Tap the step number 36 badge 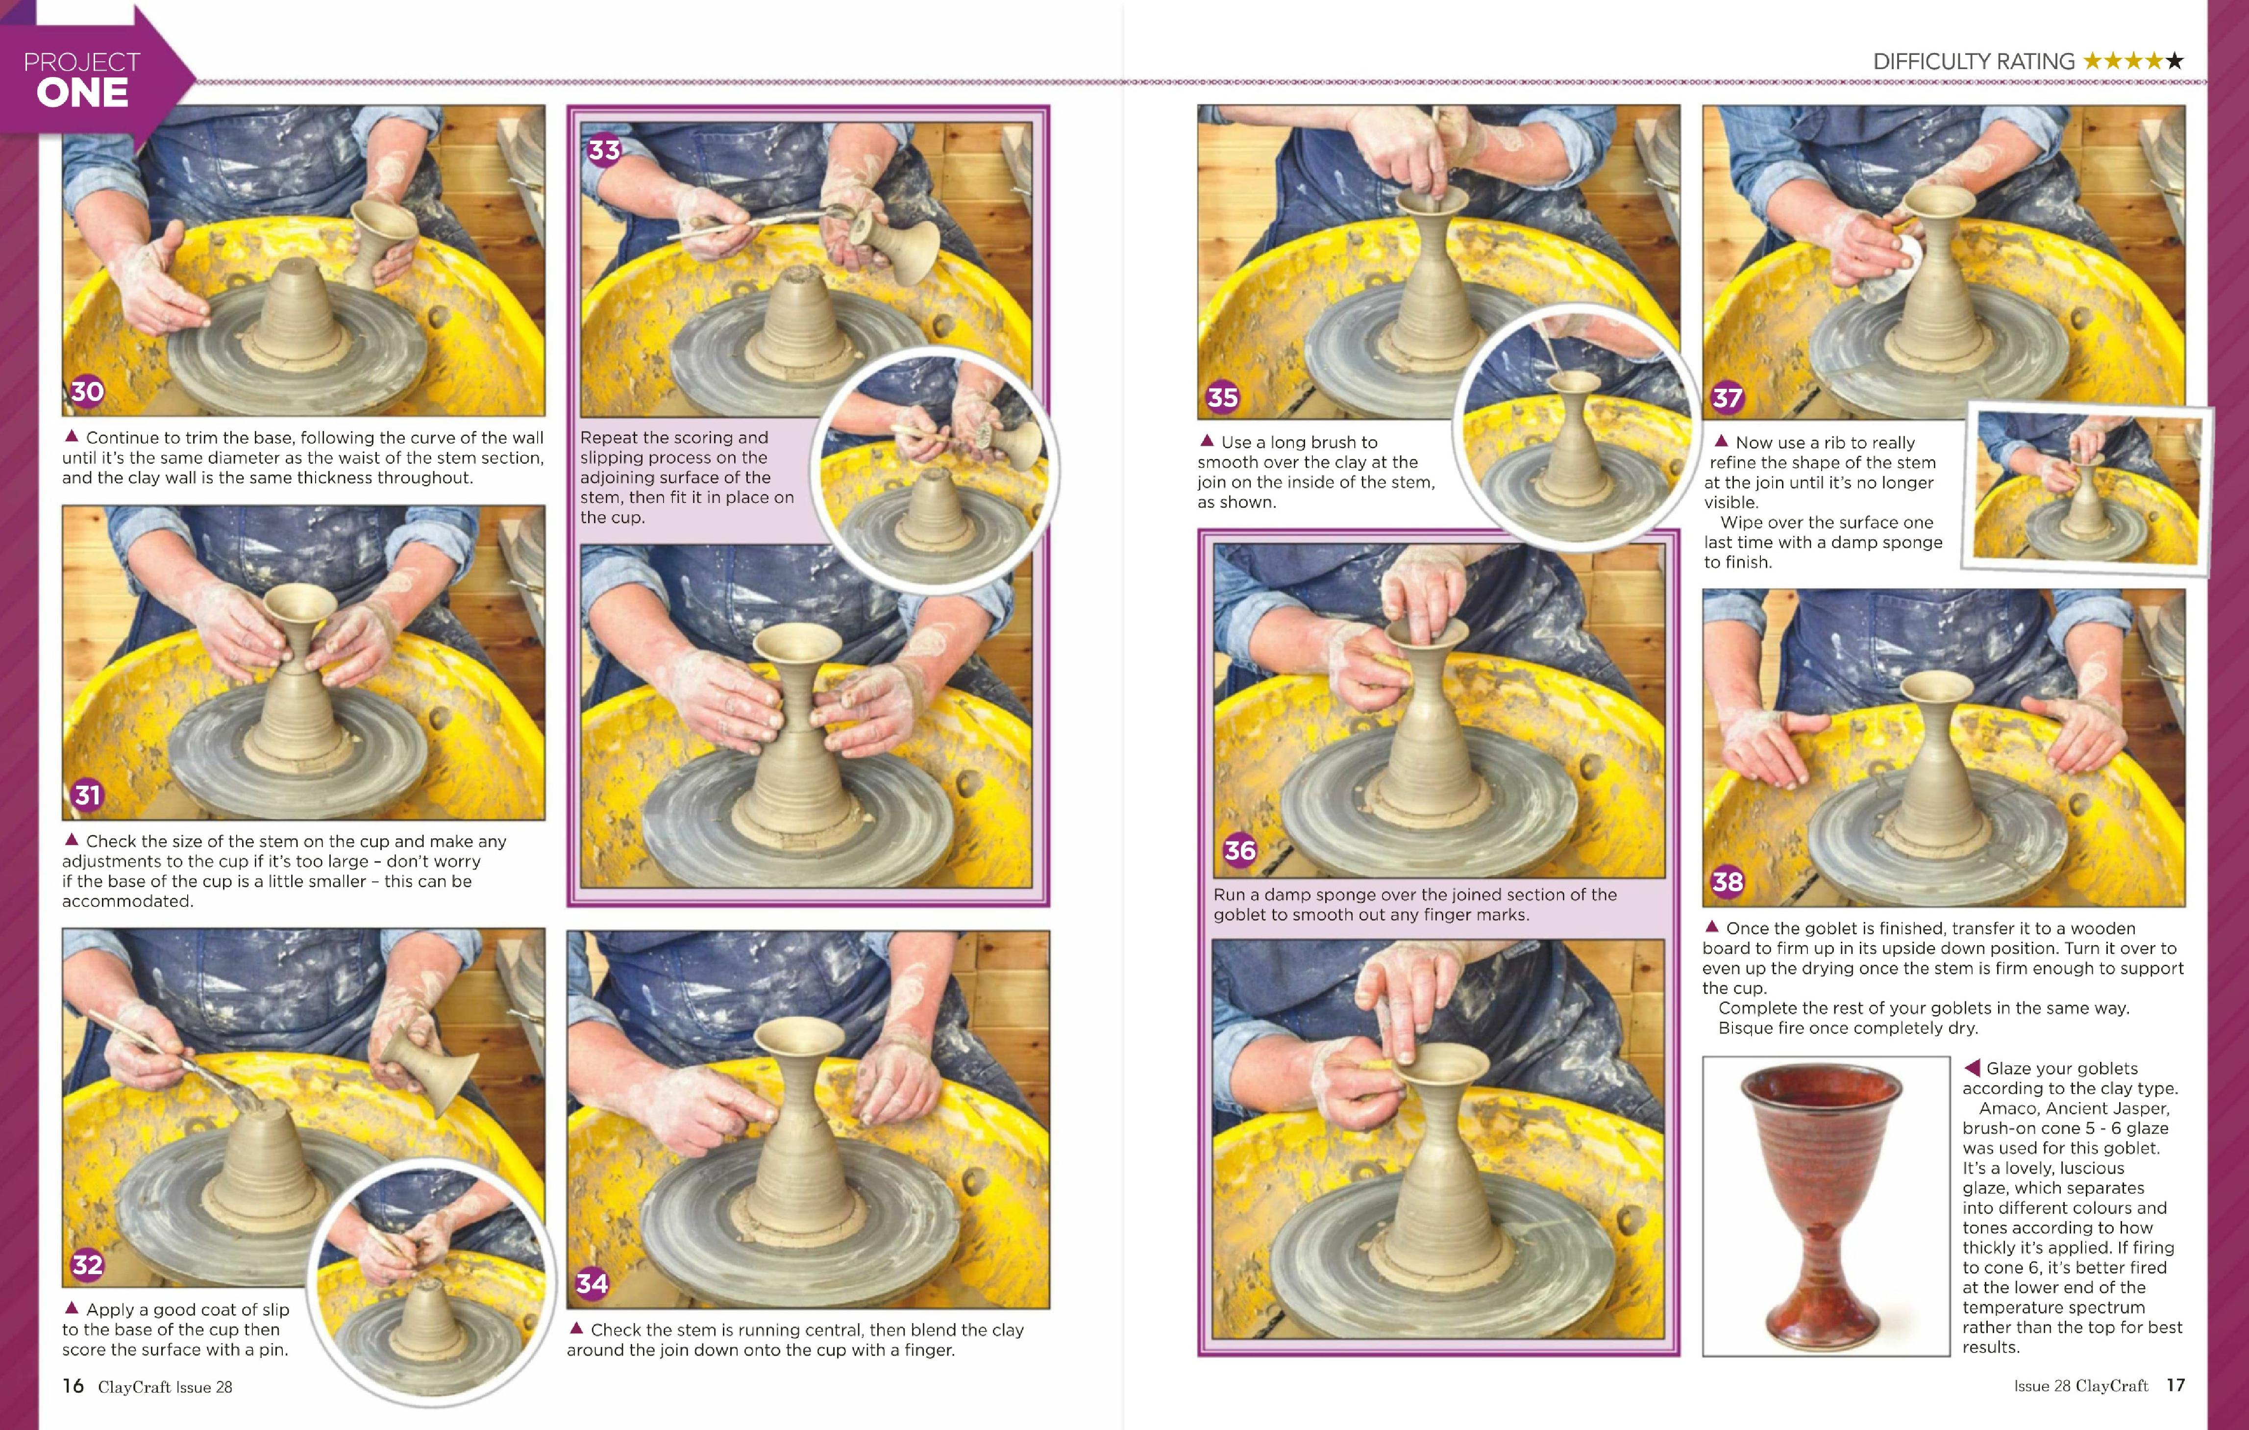click(x=1239, y=850)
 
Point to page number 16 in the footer click(x=73, y=1385)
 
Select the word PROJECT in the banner click(x=82, y=62)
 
